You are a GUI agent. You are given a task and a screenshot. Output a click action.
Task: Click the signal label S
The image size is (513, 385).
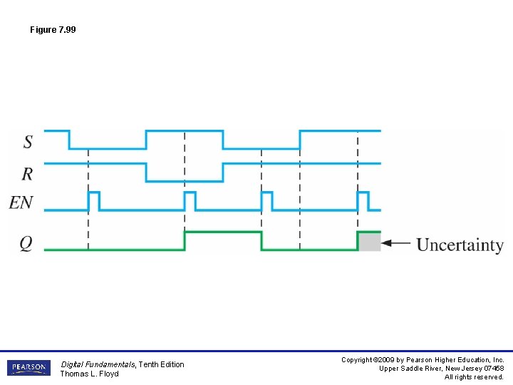click(28, 141)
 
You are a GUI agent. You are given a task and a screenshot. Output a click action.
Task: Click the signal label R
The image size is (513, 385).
click(28, 173)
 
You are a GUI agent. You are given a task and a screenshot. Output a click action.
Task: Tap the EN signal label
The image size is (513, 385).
click(21, 202)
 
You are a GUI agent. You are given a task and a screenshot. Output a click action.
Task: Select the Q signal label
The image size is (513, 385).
click(26, 243)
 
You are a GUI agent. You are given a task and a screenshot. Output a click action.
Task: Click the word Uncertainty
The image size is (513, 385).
click(460, 245)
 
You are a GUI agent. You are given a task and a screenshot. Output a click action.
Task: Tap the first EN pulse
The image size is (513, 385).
click(93, 200)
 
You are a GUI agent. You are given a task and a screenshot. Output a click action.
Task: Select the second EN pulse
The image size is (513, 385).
click(190, 200)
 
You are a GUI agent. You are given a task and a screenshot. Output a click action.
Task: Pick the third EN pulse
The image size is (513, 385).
click(266, 200)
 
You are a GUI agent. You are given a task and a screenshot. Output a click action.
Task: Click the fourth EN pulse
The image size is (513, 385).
click(363, 200)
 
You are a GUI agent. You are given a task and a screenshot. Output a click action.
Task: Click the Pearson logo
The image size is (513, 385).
click(29, 368)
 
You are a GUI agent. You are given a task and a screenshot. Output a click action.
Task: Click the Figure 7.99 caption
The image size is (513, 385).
click(53, 30)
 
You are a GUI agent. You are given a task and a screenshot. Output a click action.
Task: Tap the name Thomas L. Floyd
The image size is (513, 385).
click(89, 374)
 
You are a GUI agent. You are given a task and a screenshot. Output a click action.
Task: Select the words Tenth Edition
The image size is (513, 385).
click(161, 364)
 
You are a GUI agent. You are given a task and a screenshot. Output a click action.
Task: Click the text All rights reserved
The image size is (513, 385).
click(474, 377)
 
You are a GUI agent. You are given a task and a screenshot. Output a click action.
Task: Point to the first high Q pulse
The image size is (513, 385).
click(222, 232)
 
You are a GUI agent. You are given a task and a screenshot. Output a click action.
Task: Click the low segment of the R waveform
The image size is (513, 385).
click(184, 180)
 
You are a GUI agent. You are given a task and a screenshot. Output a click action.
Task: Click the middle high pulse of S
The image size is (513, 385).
click(184, 131)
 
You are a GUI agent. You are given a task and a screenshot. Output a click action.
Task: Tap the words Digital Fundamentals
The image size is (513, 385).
click(98, 364)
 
